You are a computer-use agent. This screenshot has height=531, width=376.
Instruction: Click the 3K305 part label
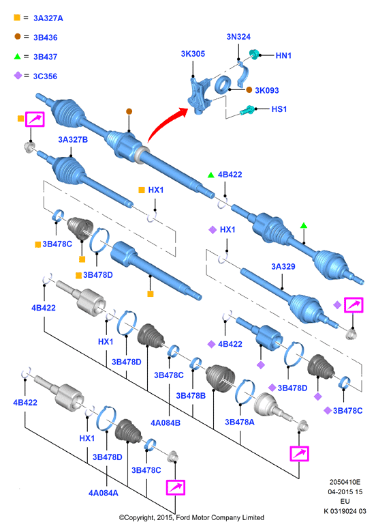[193, 54]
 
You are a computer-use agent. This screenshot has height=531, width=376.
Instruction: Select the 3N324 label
[238, 37]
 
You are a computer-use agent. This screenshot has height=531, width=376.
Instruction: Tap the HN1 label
[283, 55]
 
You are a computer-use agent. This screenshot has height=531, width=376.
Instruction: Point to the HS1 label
[279, 109]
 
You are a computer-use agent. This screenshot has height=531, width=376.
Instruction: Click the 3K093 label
[267, 90]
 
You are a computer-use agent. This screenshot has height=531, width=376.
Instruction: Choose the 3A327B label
[73, 139]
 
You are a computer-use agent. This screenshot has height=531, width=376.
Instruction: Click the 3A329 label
[283, 266]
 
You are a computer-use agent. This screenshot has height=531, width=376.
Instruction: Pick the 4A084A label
[104, 493]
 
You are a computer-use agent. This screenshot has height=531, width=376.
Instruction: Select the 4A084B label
[166, 422]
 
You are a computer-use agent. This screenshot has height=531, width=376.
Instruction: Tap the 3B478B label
[191, 396]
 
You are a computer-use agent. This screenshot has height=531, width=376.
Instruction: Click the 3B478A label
[240, 422]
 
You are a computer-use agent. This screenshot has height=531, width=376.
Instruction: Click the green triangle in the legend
[17, 56]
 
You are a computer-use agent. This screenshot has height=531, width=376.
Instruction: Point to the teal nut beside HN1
[254, 54]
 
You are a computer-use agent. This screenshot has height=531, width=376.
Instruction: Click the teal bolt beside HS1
[247, 110]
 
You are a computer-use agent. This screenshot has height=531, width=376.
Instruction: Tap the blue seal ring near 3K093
[222, 85]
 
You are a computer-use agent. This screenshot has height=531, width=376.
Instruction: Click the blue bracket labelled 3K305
[200, 95]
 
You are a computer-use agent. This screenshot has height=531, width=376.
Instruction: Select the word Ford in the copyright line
[183, 517]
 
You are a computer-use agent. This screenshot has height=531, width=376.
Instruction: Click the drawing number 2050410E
[345, 482]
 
